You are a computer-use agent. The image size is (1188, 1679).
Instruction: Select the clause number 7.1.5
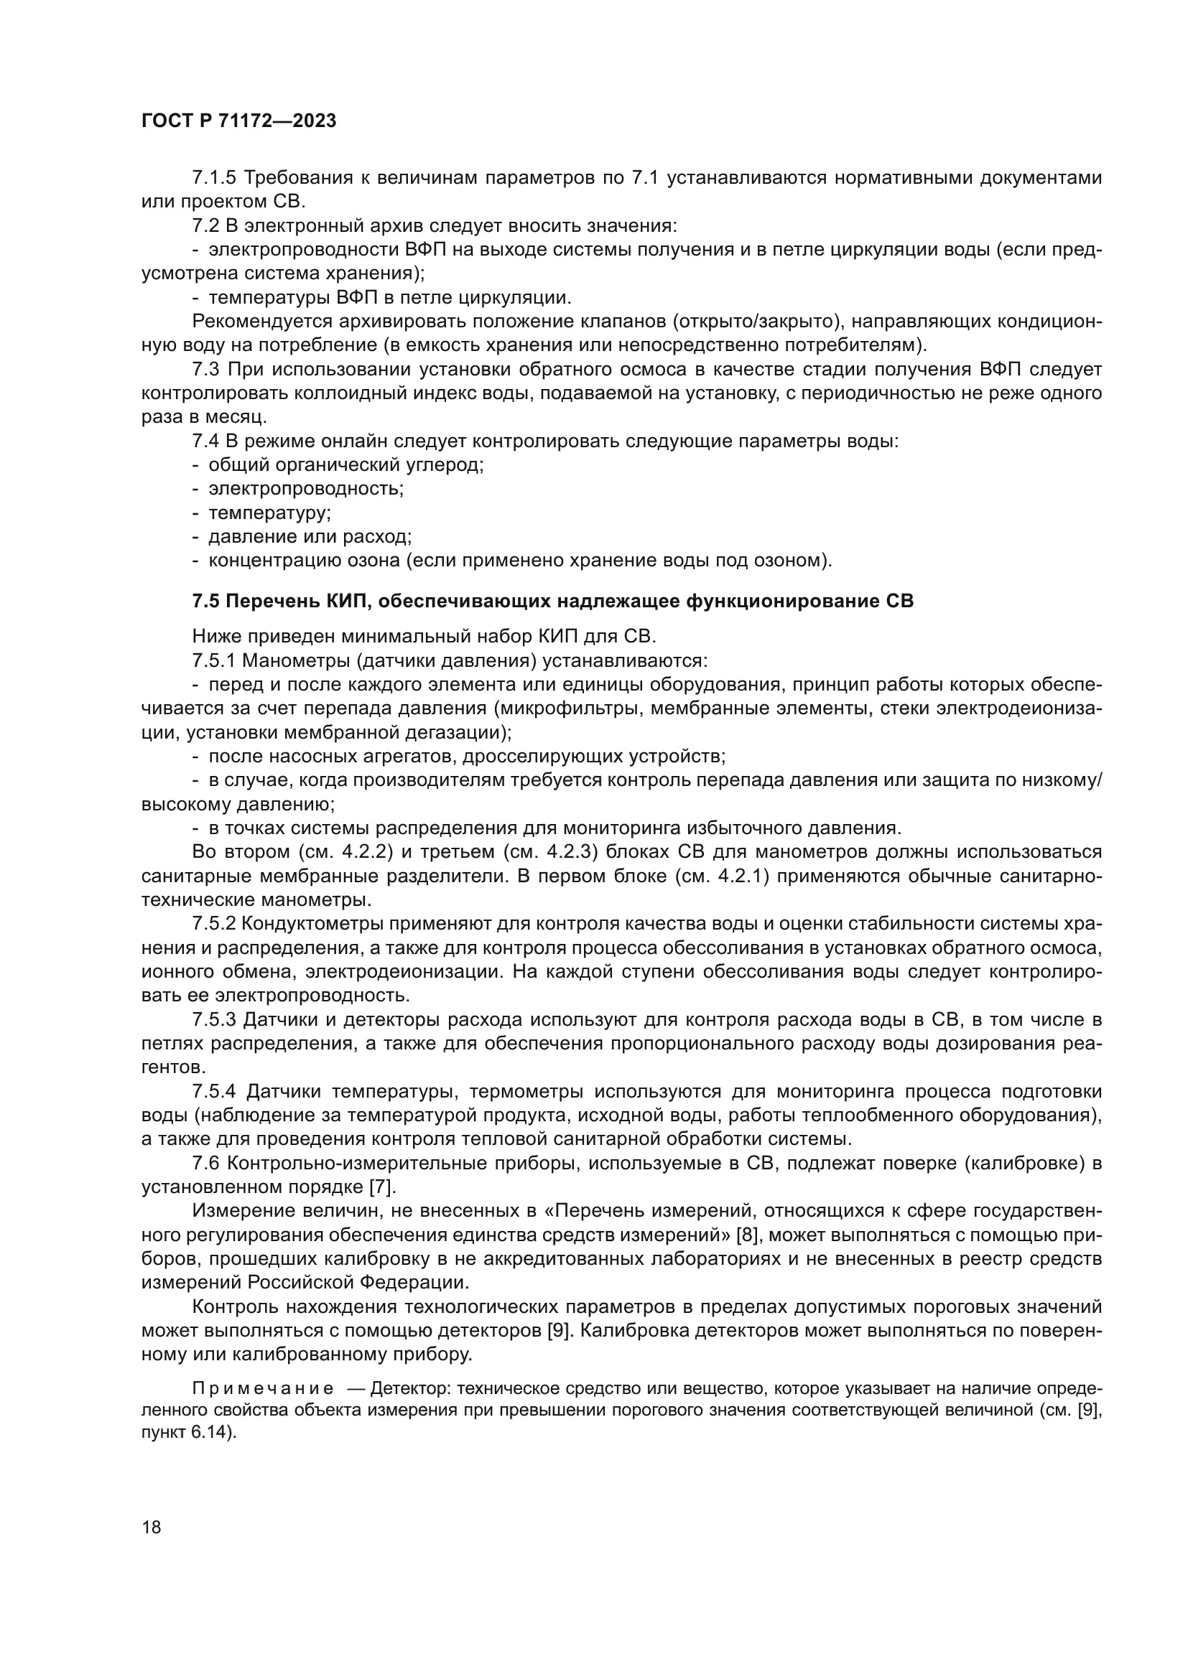point(214,178)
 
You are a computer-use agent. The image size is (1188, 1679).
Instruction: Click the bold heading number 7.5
point(205,601)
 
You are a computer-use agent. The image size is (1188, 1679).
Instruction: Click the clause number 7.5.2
point(214,924)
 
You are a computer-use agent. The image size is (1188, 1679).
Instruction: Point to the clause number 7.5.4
point(214,1092)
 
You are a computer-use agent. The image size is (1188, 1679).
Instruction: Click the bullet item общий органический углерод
point(345,465)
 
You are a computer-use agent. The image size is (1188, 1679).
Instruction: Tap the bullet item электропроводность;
point(306,489)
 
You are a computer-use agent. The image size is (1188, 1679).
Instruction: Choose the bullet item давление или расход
point(310,537)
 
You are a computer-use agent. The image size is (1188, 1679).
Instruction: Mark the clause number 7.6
point(205,1163)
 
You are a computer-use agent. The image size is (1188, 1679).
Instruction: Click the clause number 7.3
point(205,369)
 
